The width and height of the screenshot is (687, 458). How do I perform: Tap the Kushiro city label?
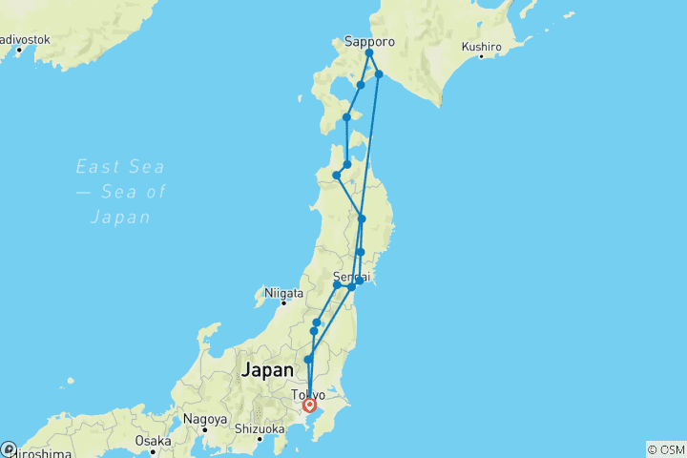pos(482,46)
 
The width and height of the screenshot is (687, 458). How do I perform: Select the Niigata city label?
pos(283,293)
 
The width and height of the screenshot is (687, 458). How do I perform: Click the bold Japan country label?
pos(269,369)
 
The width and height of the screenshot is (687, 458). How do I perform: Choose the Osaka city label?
pos(152,441)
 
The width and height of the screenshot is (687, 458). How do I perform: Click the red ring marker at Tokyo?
pos(309,405)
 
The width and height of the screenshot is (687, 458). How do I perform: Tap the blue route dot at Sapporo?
pos(368,53)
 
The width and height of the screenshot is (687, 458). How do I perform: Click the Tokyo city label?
pos(309,394)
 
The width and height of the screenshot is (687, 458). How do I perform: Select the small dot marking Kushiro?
pos(481,57)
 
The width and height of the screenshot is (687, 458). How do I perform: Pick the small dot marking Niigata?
pos(283,303)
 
